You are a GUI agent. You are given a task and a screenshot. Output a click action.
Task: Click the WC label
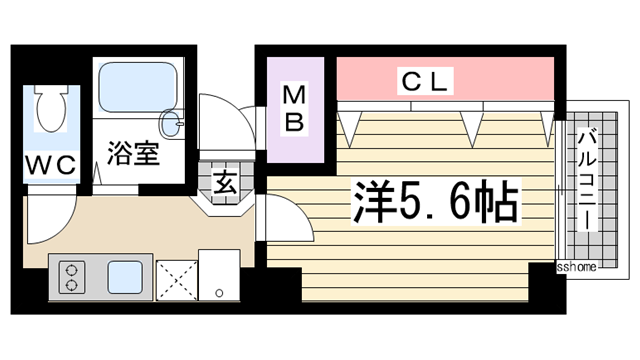[x=51, y=166]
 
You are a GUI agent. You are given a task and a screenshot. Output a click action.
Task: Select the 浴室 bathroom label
[x=133, y=155]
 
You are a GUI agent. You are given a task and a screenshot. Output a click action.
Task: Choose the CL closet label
[x=428, y=78]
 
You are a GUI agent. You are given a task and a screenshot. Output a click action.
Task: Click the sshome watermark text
[x=577, y=266]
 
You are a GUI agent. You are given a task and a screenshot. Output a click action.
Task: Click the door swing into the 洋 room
[x=285, y=215]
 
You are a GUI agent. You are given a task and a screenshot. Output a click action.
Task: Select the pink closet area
[x=445, y=79]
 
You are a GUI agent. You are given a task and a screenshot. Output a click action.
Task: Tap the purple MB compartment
[x=295, y=111]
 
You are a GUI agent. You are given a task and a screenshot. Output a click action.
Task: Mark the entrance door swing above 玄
[x=222, y=121]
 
